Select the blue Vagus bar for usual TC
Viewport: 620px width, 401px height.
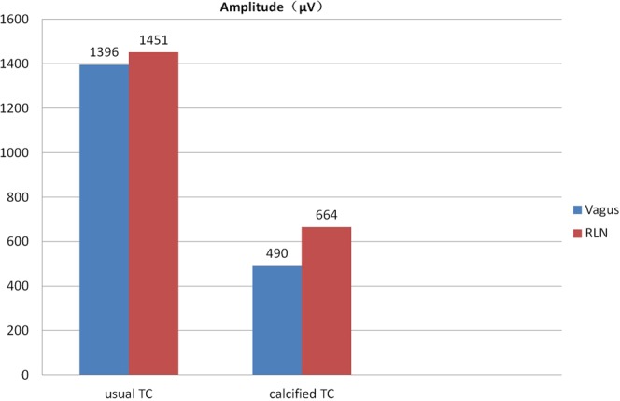click(104, 220)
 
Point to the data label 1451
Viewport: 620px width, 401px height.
click(153, 41)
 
